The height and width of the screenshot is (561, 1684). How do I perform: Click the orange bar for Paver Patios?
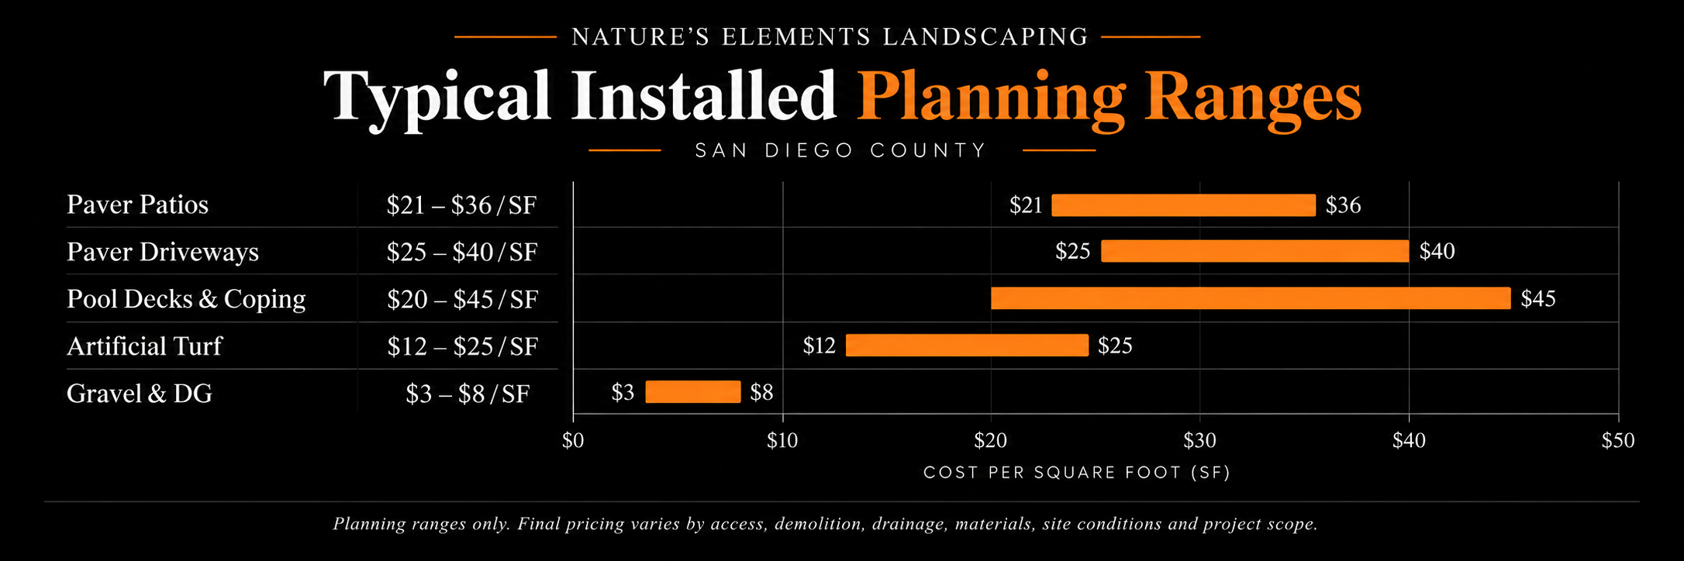[x=1183, y=205]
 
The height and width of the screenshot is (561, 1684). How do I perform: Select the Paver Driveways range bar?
[x=1254, y=251]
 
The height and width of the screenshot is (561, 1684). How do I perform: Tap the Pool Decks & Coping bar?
[x=1251, y=298]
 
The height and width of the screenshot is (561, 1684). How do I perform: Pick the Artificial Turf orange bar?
[x=967, y=345]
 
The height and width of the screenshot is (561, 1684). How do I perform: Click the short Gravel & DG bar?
[x=693, y=392]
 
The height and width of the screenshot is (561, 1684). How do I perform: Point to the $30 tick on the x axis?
[x=1199, y=441]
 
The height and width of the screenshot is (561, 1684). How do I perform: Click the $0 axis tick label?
[x=573, y=441]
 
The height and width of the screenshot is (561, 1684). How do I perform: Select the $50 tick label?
[x=1618, y=441]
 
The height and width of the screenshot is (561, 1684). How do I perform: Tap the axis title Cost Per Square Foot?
[x=1077, y=473]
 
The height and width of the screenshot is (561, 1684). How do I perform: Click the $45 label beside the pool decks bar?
[x=1538, y=299]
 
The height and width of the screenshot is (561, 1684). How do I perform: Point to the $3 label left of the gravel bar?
[x=623, y=393]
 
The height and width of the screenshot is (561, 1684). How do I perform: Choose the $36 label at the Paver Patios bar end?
[x=1343, y=205]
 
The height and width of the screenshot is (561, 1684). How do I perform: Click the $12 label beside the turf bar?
[x=819, y=346]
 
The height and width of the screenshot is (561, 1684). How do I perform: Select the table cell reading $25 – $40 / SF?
[x=462, y=252]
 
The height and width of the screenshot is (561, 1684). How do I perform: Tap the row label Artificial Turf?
[x=144, y=346]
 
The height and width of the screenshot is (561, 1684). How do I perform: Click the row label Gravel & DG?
[x=140, y=394]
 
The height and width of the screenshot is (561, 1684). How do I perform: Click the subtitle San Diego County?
[x=841, y=150]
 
